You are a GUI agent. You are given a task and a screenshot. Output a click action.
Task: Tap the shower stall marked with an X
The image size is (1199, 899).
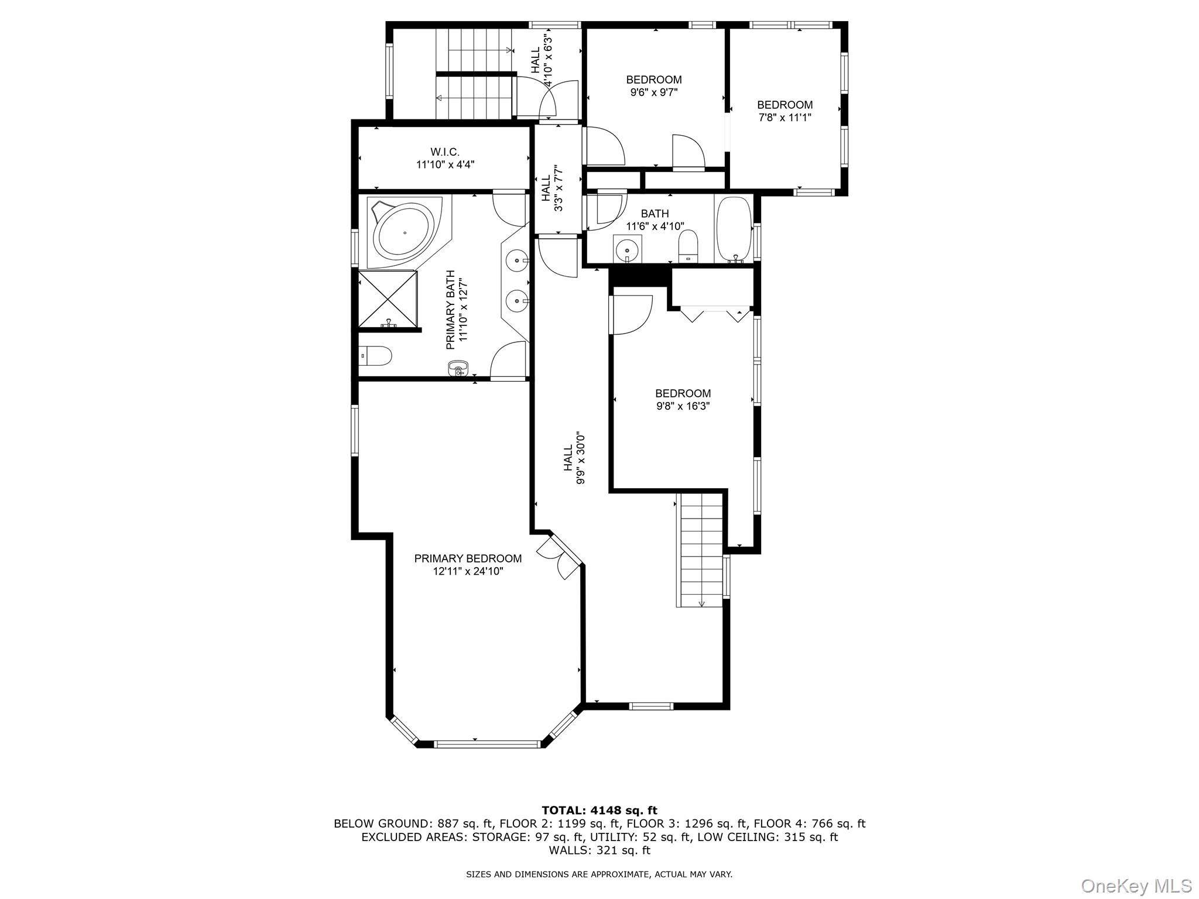[x=387, y=298]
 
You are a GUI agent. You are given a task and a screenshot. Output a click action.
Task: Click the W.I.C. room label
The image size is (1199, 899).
[x=445, y=152]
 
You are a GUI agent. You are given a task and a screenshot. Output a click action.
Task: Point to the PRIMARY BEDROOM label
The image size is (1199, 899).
[x=468, y=558]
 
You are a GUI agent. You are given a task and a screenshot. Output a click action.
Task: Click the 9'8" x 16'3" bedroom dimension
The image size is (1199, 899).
[x=683, y=406]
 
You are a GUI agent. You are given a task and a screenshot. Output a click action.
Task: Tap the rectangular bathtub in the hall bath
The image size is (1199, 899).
[x=734, y=229]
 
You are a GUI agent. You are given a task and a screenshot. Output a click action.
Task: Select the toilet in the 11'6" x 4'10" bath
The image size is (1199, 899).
[x=688, y=246]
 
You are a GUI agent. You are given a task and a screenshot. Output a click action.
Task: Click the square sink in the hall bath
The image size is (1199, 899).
[x=628, y=249]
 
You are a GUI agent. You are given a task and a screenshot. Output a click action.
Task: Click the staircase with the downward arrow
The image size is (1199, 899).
[x=700, y=550]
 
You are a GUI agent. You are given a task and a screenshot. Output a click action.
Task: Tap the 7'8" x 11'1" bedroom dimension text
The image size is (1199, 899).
[x=785, y=118]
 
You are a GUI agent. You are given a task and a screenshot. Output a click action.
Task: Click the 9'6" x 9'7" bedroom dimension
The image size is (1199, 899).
[x=654, y=92]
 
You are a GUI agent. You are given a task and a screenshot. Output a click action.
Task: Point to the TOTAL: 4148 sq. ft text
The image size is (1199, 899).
[x=599, y=810]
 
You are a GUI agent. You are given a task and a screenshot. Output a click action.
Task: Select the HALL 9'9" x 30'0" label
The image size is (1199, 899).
[x=574, y=458]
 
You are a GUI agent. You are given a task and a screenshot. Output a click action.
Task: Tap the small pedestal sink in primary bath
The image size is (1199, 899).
[x=458, y=369]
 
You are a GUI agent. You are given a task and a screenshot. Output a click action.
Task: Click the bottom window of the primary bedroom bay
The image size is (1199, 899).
[x=487, y=744]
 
